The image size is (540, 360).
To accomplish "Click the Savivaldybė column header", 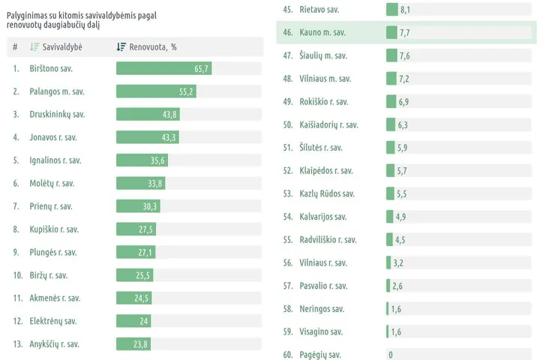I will coord(62,46).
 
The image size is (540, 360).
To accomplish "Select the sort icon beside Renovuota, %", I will coord(121,46).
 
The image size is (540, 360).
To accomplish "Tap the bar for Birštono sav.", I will coord(163,68).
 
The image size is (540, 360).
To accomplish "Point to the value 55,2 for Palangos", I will coord(186,91).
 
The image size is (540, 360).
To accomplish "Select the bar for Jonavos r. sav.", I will coord(148,137).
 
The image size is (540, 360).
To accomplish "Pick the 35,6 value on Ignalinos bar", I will coord(157,160).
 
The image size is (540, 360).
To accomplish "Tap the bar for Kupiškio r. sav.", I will coord(136,229).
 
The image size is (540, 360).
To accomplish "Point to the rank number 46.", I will coord(287,32).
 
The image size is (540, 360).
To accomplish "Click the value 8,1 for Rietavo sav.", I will coord(406,10).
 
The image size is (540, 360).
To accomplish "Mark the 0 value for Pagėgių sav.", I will coord(390,355).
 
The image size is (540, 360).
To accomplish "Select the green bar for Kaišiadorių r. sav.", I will coord(391,124).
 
